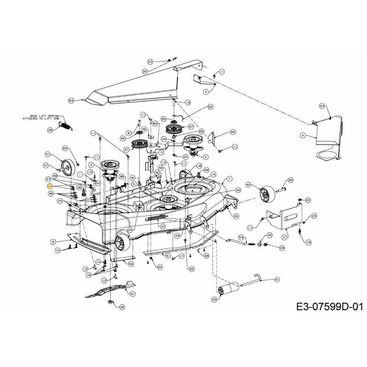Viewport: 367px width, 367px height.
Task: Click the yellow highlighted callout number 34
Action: [x=50, y=187]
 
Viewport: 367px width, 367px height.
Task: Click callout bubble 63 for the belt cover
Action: [x=71, y=100]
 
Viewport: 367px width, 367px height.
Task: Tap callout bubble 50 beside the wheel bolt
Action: [x=290, y=180]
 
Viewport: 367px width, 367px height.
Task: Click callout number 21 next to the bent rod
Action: [x=277, y=279]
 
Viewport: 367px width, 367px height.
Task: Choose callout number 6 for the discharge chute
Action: [x=302, y=135]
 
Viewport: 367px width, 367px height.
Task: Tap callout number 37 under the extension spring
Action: [x=163, y=226]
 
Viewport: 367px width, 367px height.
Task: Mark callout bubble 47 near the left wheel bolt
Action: [x=46, y=165]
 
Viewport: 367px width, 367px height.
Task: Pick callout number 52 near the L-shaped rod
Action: [x=211, y=106]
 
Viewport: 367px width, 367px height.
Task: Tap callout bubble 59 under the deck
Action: [x=130, y=264]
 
